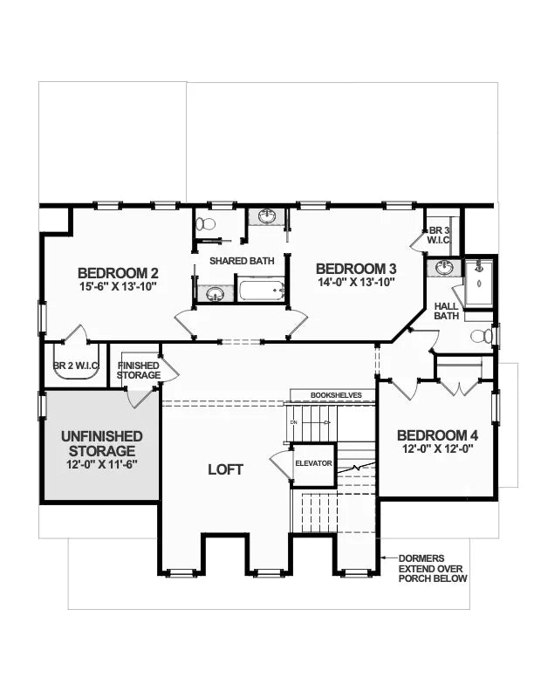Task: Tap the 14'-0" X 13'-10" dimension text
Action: tap(356, 282)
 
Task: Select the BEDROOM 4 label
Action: tap(437, 435)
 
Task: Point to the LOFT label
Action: tap(225, 469)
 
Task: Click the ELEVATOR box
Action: tap(313, 462)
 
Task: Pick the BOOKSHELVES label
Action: tap(336, 395)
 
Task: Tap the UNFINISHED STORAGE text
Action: tap(102, 443)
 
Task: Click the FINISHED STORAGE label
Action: tap(139, 370)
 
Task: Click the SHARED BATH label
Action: tap(242, 260)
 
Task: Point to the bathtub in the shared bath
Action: tap(262, 291)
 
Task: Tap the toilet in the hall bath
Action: tap(481, 337)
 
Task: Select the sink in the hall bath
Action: tap(445, 268)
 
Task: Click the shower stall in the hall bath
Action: tap(478, 283)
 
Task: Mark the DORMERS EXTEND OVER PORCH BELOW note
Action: tap(434, 568)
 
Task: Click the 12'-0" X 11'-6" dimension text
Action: tap(102, 467)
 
